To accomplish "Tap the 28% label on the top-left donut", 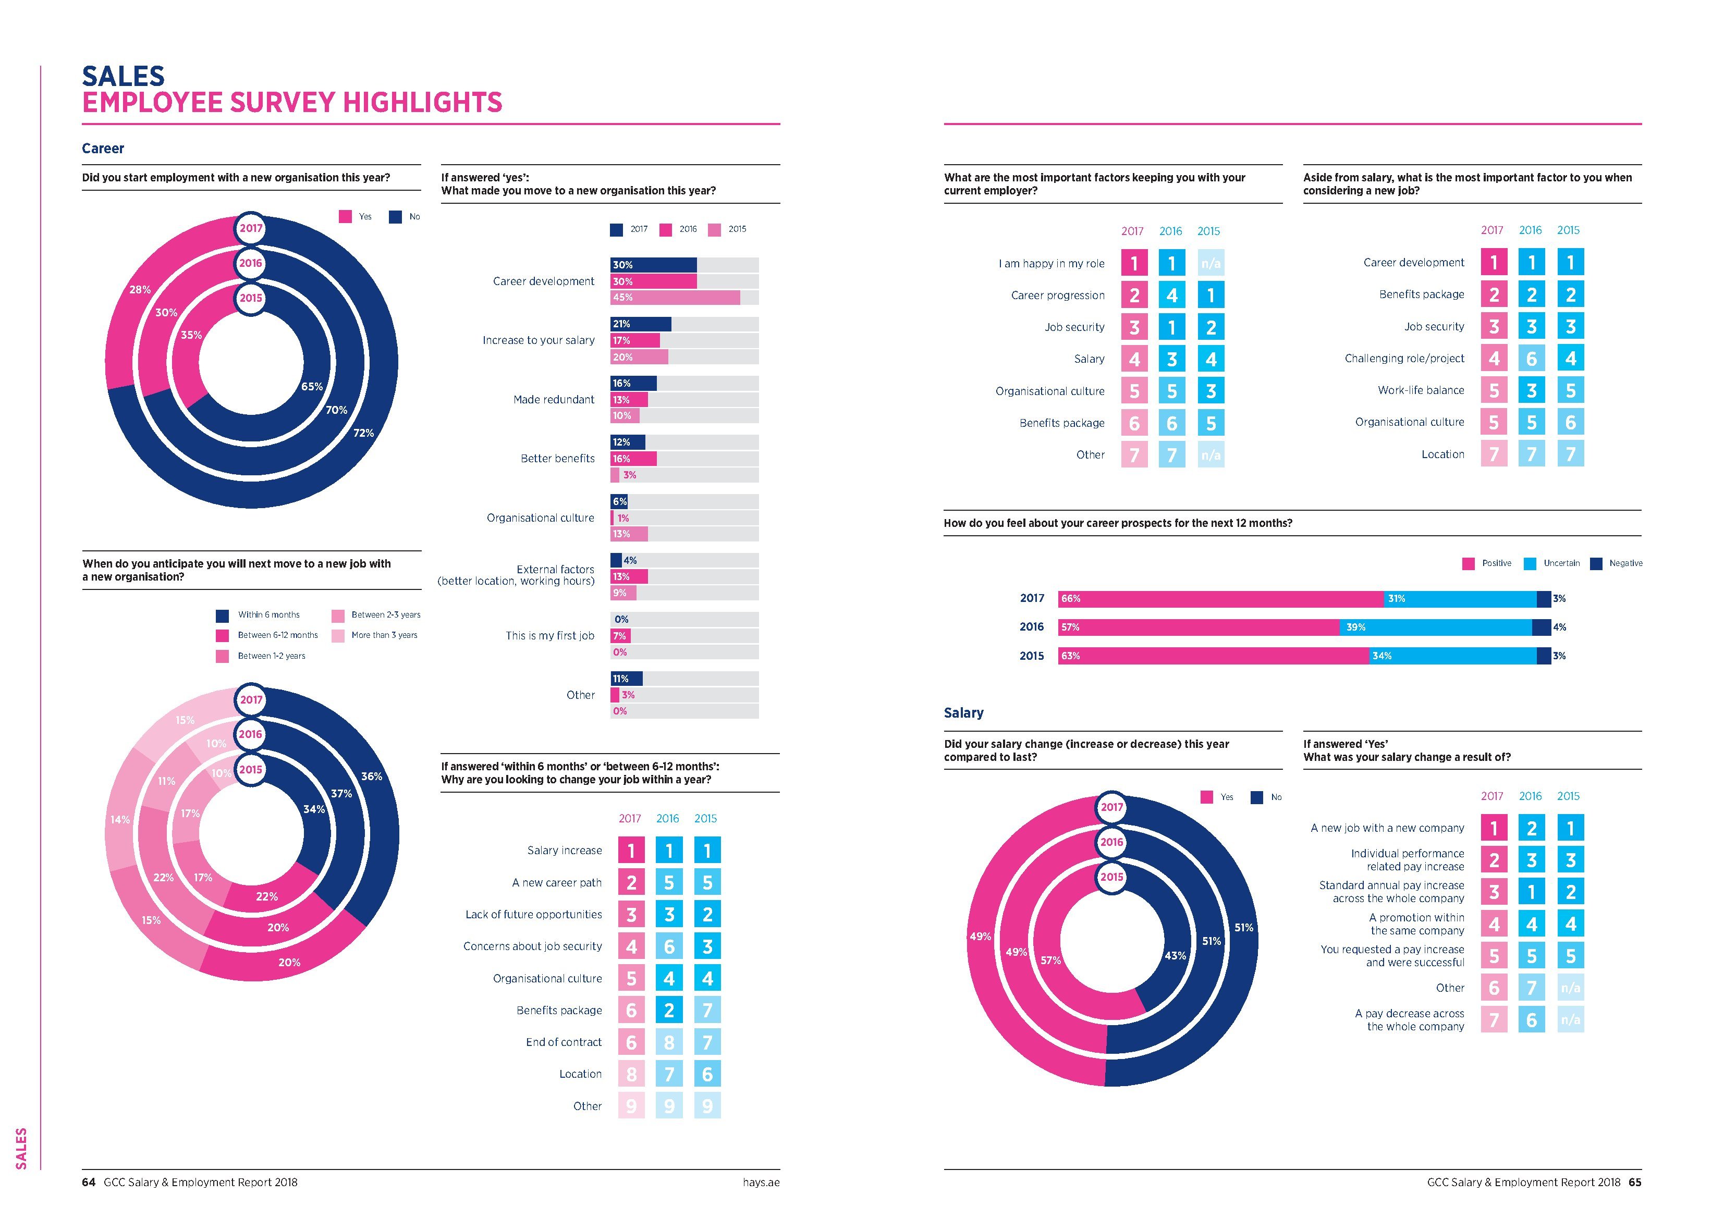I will (x=140, y=290).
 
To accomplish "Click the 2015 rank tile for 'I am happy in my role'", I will (x=1211, y=264).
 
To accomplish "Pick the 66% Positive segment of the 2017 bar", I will (x=1220, y=599).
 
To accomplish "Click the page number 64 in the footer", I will (x=89, y=1182).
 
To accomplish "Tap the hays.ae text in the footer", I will (x=761, y=1182).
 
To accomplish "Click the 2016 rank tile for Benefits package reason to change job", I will (x=668, y=1011).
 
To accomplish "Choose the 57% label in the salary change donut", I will (x=1051, y=961).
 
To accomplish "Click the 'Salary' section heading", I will (x=963, y=713).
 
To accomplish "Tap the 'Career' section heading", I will (x=103, y=149).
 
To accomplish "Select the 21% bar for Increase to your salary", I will (x=641, y=324).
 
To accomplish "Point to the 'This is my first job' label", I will (x=549, y=636).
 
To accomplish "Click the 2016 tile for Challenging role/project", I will (x=1532, y=359).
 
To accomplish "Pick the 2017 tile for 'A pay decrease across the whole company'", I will (x=1494, y=1020).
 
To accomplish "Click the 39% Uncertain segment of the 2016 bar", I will (x=1435, y=627).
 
